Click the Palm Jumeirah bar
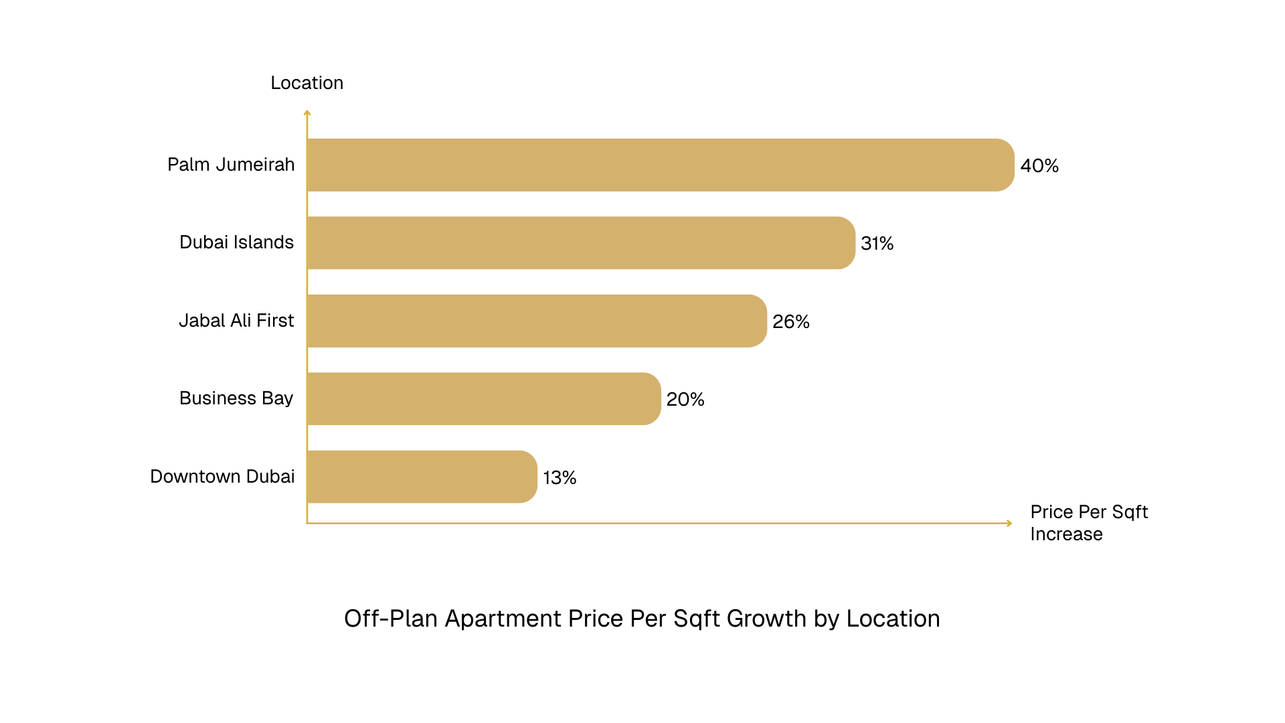point(661,165)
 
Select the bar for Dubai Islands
point(581,242)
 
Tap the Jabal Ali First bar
point(537,321)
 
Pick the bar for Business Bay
point(484,398)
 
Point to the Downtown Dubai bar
point(422,477)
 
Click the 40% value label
point(1039,165)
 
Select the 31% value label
point(877,243)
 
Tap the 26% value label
point(790,321)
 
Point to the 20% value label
point(685,399)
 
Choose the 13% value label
point(560,477)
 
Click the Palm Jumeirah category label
point(231,164)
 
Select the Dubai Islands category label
point(236,242)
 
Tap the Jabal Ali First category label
point(236,320)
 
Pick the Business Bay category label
point(236,398)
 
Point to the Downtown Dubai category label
point(222,476)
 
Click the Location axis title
point(307,82)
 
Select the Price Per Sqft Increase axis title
point(1088,523)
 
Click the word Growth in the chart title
point(766,618)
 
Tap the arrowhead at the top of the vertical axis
point(307,112)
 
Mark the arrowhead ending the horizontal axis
point(1009,523)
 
